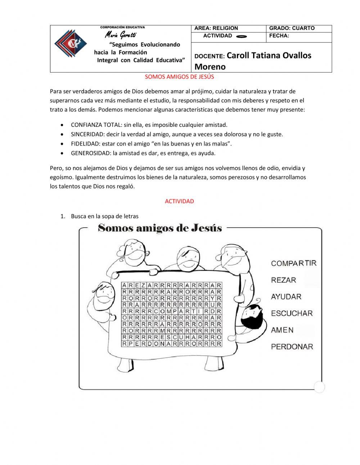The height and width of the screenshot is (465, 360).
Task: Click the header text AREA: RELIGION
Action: pos(216,28)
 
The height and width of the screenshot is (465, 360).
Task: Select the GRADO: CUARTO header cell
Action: pos(292,28)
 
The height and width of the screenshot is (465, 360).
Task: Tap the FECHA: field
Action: pos(279,36)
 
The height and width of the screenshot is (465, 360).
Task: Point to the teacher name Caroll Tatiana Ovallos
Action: pos(269,55)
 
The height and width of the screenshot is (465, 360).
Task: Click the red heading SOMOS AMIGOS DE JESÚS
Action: pos(179,77)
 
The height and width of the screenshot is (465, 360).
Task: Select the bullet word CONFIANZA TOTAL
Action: pos(96,125)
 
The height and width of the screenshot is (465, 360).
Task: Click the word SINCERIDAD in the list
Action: pos(87,134)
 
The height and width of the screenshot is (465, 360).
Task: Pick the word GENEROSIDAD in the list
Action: pos(91,153)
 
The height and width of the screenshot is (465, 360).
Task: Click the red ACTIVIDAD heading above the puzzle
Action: pos(179,201)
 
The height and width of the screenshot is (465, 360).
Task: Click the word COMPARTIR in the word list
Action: pos(294,263)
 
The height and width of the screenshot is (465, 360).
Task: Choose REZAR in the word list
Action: pos(283,280)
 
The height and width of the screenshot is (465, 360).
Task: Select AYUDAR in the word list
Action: pos(286,297)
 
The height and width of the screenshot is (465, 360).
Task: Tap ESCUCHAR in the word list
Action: pos(292,313)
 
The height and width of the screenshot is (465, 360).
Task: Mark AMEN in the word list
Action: pos(282,330)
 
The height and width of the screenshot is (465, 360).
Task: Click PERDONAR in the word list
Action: pos(292,346)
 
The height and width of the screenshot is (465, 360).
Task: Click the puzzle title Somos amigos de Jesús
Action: pos(160,228)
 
